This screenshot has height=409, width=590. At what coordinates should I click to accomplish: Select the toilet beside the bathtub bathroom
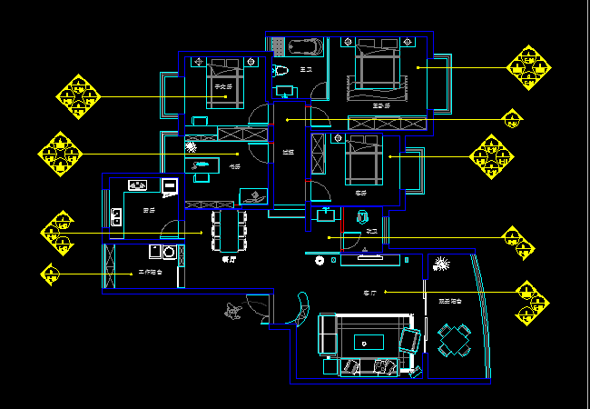[x=280, y=69]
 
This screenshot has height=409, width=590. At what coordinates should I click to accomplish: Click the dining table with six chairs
[x=229, y=230]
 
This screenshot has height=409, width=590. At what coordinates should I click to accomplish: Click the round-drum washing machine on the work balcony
[x=168, y=252]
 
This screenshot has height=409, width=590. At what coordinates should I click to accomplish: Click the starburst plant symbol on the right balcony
[x=442, y=264]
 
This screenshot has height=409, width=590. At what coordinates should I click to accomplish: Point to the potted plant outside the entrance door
[x=233, y=310]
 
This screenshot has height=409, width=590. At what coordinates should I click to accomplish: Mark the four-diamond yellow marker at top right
[x=527, y=67]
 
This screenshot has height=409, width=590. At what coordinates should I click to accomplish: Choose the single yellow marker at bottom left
[x=52, y=272]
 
